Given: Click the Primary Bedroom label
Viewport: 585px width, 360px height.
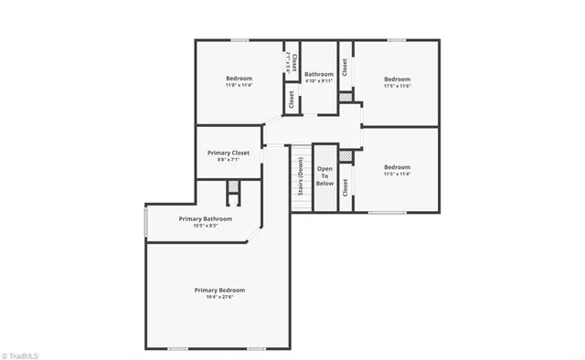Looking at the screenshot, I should [219, 291].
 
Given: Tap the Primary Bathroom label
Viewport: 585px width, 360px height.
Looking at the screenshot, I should [205, 219].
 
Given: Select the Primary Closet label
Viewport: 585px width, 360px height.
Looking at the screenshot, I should [229, 153].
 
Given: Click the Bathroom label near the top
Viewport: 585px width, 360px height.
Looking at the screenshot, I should [319, 74].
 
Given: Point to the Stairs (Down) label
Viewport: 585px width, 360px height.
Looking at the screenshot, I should [300, 176].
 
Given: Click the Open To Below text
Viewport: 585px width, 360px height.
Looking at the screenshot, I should [324, 176].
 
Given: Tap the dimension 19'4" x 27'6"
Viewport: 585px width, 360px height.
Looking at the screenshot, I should [219, 298].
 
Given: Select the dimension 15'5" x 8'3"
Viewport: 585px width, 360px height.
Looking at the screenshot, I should [205, 226].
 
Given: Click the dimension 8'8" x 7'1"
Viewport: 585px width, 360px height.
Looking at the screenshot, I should [229, 160].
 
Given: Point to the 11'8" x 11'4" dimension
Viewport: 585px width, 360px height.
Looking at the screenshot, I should [239, 86].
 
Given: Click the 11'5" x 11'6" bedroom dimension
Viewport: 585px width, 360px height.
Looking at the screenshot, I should [397, 86].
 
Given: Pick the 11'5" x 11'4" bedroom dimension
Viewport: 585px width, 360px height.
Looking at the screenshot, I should [397, 175].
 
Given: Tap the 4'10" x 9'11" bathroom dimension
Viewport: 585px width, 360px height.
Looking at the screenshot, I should [319, 80].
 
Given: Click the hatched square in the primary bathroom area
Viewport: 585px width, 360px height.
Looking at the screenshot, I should [233, 188].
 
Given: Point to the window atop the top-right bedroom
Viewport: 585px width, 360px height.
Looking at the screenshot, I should [396, 39].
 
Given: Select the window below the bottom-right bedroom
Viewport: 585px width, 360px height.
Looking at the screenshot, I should [387, 212].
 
